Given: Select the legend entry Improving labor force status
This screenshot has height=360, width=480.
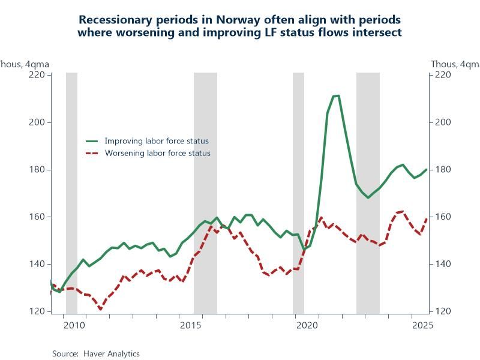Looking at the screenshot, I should (157, 141).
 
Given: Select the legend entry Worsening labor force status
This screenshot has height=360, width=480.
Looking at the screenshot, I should (157, 153).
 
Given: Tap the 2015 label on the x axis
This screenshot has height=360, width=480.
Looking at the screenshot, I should (190, 325).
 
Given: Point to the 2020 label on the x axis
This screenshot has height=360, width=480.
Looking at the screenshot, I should (307, 325).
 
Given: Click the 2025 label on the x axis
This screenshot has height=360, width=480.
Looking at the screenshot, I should (422, 325).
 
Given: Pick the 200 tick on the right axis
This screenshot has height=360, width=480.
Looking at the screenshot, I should (442, 122).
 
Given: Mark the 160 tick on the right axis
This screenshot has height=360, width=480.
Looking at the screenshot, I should (442, 217).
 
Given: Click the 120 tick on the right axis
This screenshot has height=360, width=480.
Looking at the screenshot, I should (442, 311).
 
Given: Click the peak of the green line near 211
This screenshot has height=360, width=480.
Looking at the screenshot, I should (336, 96).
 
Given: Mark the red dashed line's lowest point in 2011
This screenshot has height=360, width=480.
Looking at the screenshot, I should (100, 308).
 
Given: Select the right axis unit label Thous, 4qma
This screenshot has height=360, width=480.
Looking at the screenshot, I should (455, 64).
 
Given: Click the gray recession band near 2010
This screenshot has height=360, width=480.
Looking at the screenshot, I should (71, 192).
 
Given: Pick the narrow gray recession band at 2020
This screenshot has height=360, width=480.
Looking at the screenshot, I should (298, 192).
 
